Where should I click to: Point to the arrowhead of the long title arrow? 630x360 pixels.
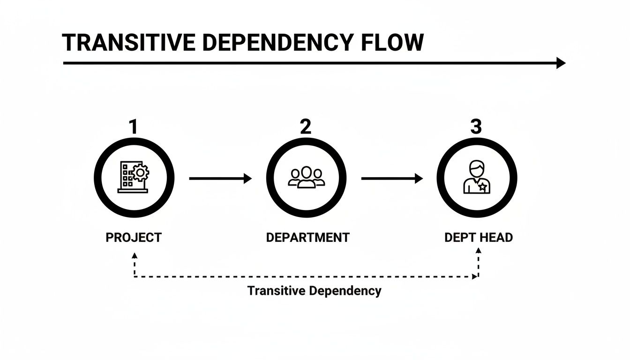(561, 63)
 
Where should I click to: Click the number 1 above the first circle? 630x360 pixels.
(134, 127)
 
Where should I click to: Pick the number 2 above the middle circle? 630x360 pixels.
(305, 127)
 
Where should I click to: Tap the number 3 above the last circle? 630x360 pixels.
(476, 127)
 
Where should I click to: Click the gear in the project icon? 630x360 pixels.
(140, 173)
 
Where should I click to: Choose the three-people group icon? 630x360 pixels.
(307, 178)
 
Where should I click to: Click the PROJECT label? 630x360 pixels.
(134, 238)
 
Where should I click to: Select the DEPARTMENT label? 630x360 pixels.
(307, 238)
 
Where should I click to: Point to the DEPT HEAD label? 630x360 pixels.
(479, 238)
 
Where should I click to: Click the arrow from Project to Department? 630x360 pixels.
(220, 178)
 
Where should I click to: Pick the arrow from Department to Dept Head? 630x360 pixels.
(392, 178)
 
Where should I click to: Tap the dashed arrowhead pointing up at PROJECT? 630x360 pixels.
(135, 256)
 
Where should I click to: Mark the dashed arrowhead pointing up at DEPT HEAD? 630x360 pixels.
(478, 251)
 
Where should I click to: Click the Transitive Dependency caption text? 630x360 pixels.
(314, 291)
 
